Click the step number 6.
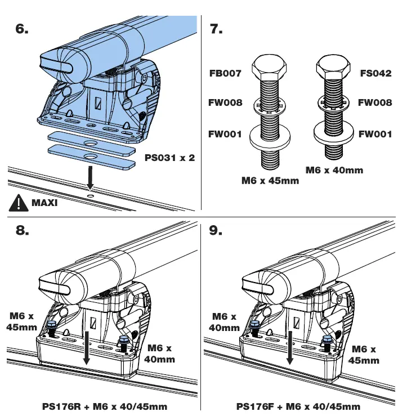click(22, 29)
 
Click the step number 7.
click(216, 29)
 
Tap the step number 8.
click(23, 231)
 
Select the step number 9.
click(216, 231)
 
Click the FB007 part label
click(226, 74)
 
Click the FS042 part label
click(375, 73)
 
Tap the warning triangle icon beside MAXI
click(19, 202)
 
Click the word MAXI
click(45, 203)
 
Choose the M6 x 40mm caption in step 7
click(334, 169)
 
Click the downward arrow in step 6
click(90, 179)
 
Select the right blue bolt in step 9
click(325, 341)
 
